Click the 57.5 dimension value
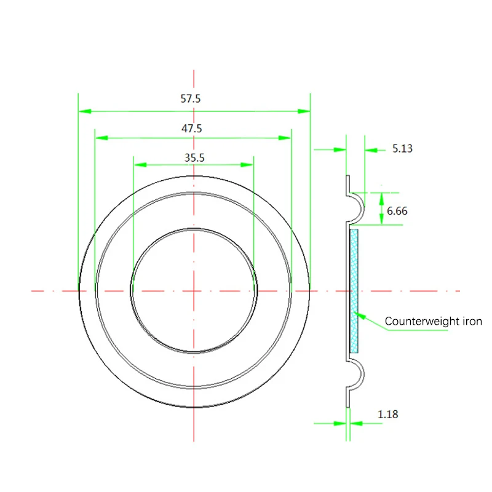click(x=191, y=98)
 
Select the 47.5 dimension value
click(x=191, y=129)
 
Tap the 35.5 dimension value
click(x=194, y=157)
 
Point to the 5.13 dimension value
click(x=402, y=148)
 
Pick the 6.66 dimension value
click(x=397, y=211)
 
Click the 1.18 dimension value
click(x=387, y=414)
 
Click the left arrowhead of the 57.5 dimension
click(x=85, y=111)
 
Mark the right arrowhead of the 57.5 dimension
click(x=303, y=111)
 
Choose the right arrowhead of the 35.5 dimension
click(x=247, y=165)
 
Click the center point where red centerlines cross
click(x=194, y=290)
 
